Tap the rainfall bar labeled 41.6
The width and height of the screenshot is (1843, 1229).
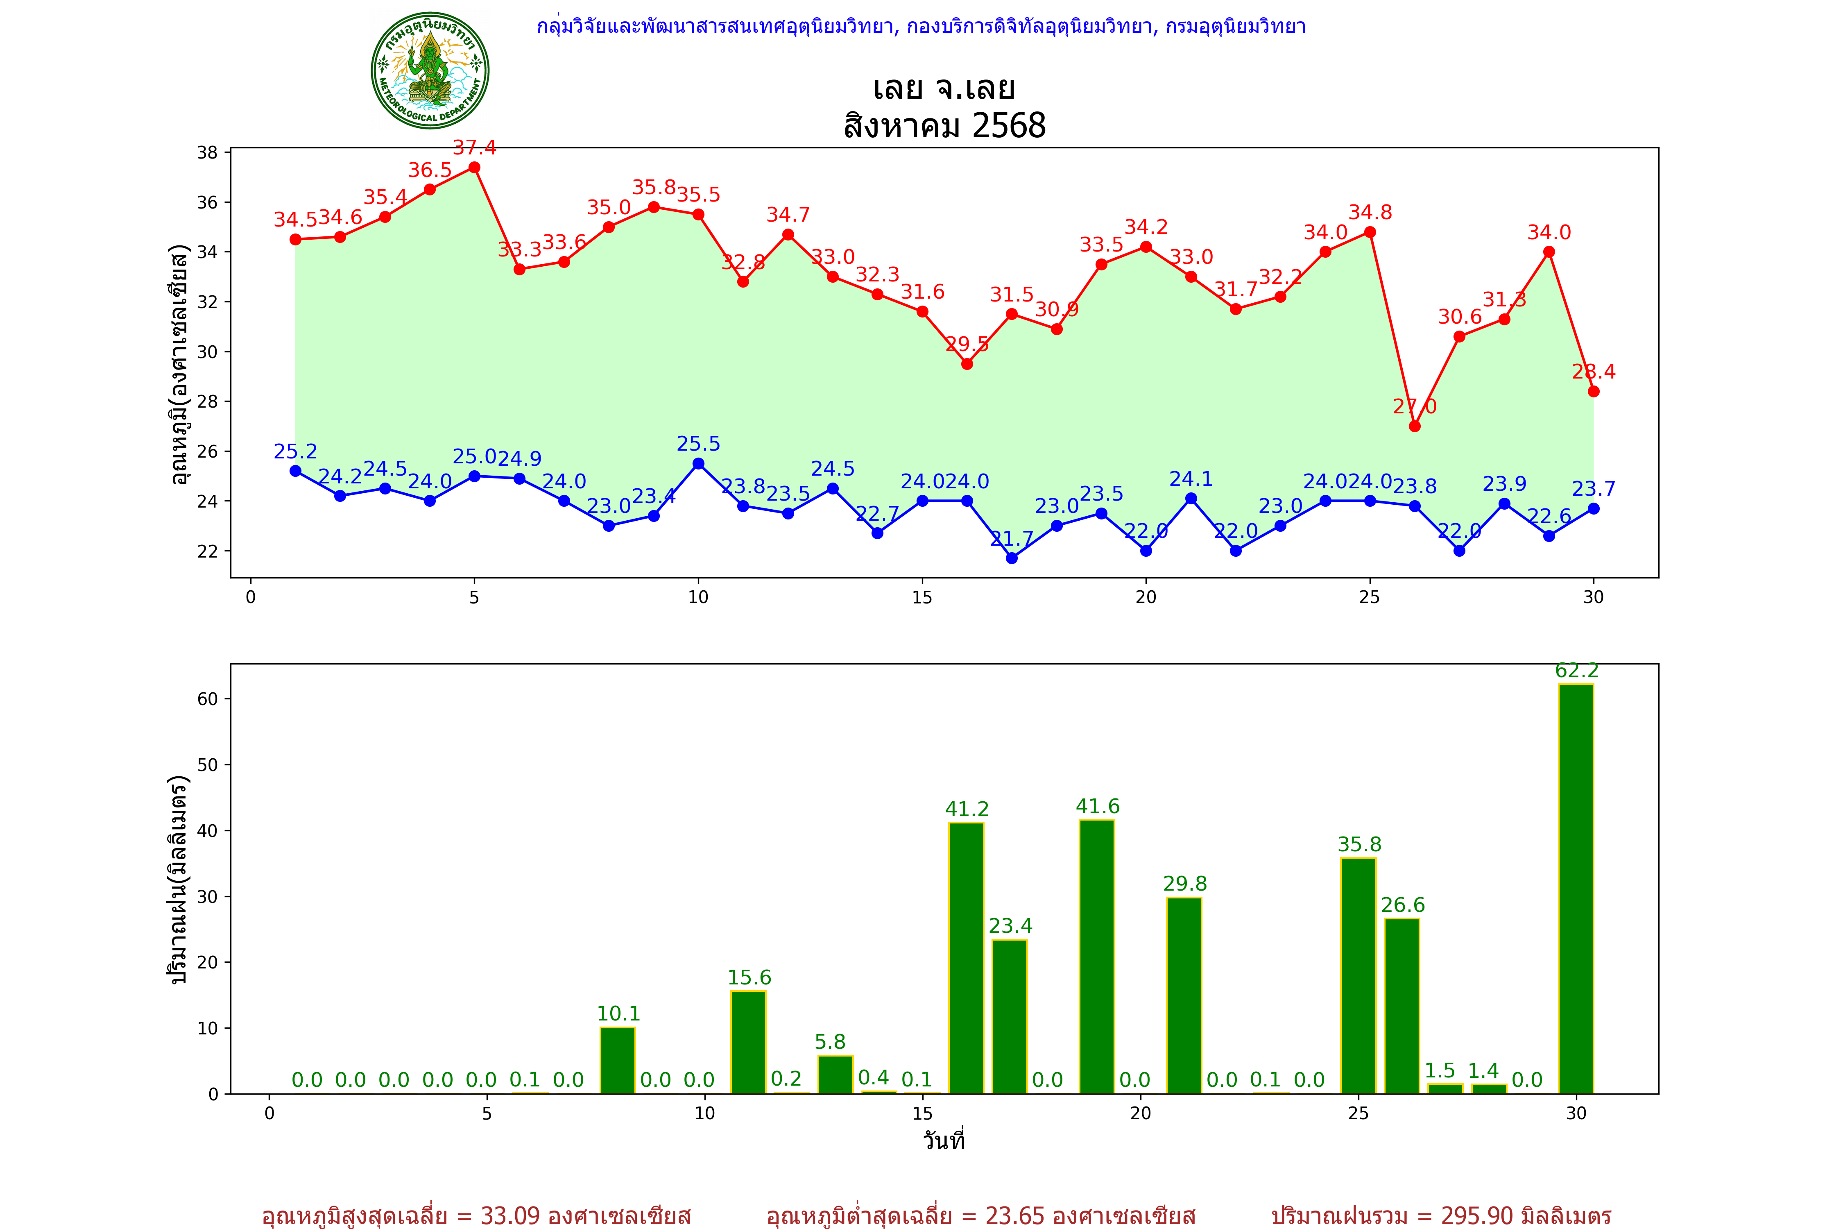(1097, 956)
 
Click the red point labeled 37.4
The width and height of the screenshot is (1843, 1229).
(474, 168)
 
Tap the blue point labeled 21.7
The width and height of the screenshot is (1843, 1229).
(1012, 558)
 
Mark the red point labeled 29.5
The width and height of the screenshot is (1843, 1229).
(967, 364)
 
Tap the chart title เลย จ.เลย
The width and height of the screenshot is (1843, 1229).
(944, 88)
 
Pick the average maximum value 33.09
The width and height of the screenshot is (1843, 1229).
(510, 1215)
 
